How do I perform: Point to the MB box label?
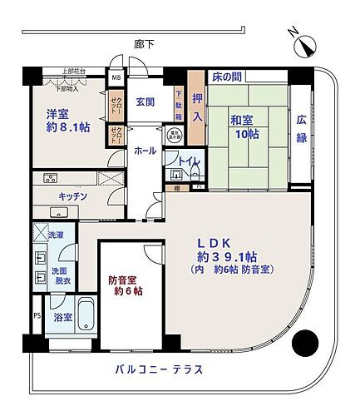click(116, 80)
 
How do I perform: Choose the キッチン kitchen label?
click(73, 197)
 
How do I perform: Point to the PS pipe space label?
click(36, 316)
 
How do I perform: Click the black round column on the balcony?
click(308, 340)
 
